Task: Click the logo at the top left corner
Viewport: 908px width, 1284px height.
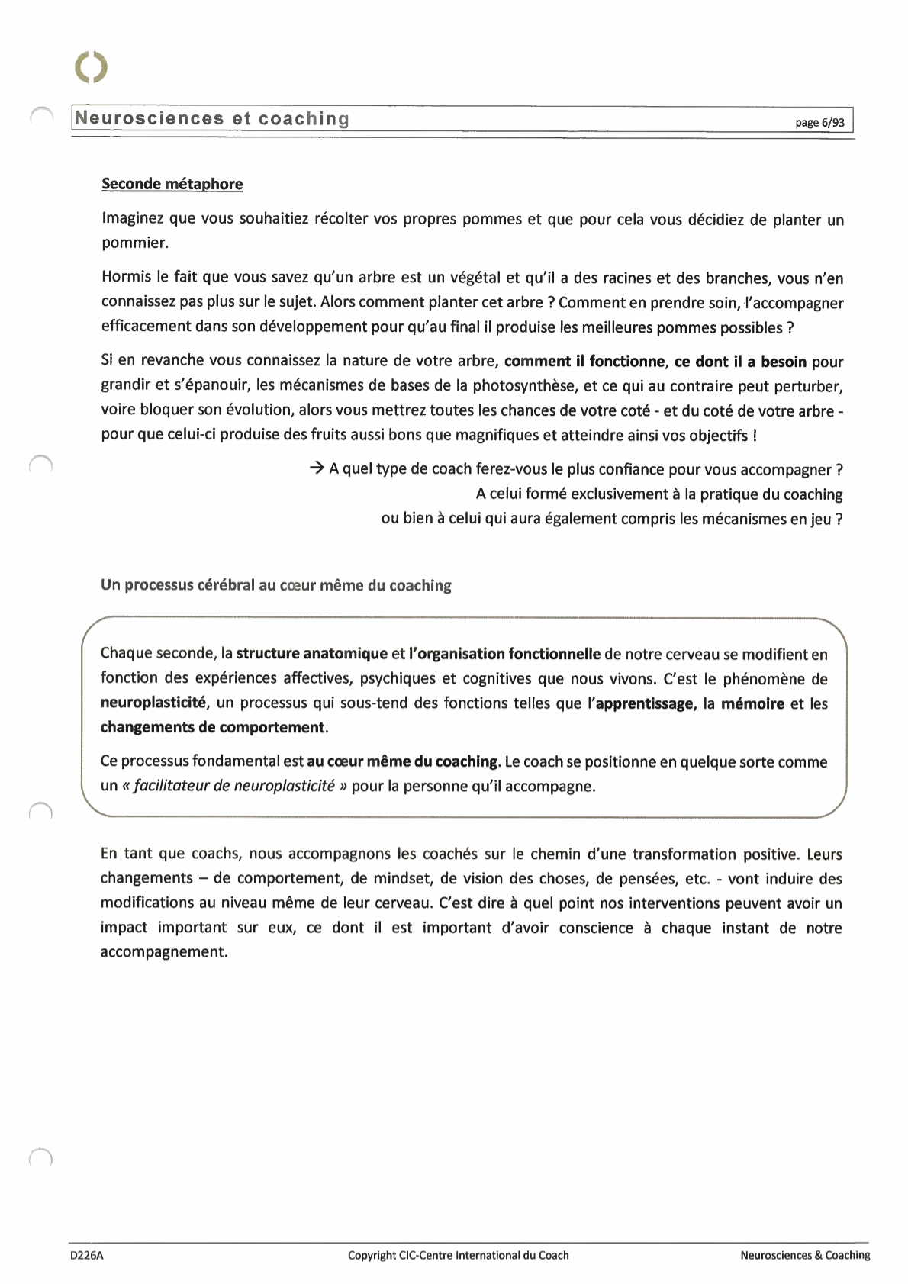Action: pyautogui.click(x=92, y=67)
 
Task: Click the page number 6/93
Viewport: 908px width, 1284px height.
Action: pyautogui.click(x=819, y=122)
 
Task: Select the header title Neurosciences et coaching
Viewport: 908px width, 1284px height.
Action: pyautogui.click(x=212, y=119)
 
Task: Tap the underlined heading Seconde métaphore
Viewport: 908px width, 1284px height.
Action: pyautogui.click(x=172, y=184)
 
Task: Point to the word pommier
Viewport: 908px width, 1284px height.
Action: pyautogui.click(x=134, y=243)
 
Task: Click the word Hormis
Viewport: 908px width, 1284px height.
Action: pyautogui.click(x=127, y=278)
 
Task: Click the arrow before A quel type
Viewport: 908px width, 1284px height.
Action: pyautogui.click(x=317, y=468)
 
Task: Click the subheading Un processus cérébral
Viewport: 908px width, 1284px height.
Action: pyautogui.click(x=275, y=585)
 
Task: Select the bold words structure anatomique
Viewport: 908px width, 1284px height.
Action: pyautogui.click(x=311, y=654)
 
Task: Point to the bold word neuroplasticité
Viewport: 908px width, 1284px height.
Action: pyautogui.click(x=153, y=703)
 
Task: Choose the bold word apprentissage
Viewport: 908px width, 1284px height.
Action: pyautogui.click(x=645, y=703)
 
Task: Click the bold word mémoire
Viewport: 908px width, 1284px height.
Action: pyautogui.click(x=752, y=703)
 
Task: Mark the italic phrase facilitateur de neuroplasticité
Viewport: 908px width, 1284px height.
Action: pyautogui.click(x=234, y=786)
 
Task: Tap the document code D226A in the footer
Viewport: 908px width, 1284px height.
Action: pyautogui.click(x=86, y=1255)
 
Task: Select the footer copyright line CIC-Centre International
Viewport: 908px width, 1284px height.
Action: pyautogui.click(x=458, y=1255)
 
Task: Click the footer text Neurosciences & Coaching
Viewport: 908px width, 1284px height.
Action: pyautogui.click(x=804, y=1255)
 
